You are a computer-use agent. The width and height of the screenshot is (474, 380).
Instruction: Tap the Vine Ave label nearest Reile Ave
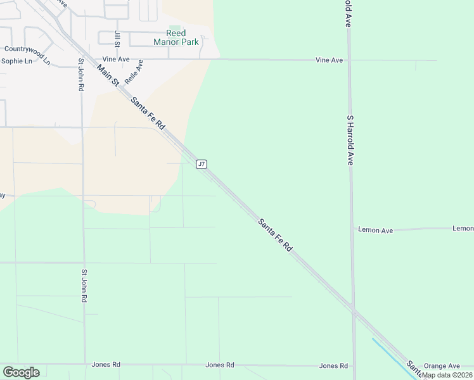[x=116, y=59]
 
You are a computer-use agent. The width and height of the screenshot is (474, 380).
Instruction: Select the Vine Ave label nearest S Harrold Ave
[x=330, y=60]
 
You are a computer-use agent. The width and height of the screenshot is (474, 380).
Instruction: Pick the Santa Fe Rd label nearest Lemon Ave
[x=275, y=235]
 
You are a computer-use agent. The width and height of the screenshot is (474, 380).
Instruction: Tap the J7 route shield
[x=202, y=164]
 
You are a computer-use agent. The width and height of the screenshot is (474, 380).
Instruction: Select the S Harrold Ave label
[x=349, y=140]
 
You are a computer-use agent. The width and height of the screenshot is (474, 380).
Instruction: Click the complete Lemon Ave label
[x=375, y=231]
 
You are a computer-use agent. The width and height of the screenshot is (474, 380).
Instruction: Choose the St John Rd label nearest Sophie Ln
[x=81, y=75]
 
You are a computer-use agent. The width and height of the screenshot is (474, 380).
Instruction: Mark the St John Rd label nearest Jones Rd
[x=84, y=286]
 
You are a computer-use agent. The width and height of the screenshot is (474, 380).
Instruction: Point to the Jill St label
[x=117, y=39]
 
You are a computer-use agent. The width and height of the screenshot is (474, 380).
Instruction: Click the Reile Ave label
[x=134, y=72]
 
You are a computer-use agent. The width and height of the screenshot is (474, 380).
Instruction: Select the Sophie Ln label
[x=16, y=61]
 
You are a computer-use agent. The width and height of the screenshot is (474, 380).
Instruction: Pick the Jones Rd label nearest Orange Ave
[x=333, y=366]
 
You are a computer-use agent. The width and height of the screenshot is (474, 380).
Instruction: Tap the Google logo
[x=21, y=372]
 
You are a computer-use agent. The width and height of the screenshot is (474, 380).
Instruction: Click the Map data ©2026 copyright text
[x=447, y=375]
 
